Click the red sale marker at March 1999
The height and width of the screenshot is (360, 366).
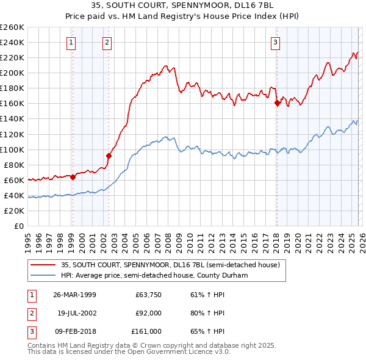pos(73,177)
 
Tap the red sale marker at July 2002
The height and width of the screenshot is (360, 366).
pos(109,155)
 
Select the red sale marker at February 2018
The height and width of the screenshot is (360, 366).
pos(277,103)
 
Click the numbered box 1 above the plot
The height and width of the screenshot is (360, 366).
pos(72,42)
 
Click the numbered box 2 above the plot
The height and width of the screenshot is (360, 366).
pos(107,42)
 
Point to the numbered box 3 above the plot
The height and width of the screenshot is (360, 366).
pos(276,42)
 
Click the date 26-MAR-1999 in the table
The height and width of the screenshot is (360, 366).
pos(74,295)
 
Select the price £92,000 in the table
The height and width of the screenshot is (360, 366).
pos(148,313)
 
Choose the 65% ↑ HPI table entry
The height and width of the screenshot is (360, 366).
pos(207,331)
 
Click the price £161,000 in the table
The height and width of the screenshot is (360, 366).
pos(146,331)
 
